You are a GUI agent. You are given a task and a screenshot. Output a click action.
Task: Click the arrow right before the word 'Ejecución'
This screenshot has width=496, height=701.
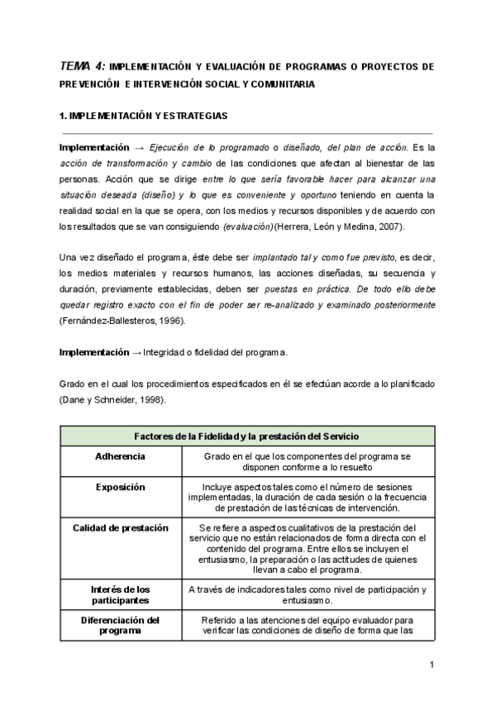139,147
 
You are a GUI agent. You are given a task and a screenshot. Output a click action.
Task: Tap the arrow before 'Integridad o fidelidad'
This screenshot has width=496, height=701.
136,352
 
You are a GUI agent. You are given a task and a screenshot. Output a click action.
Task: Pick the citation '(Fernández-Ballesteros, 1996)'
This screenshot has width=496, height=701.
121,321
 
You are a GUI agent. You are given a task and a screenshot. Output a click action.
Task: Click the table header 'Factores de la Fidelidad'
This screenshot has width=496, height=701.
246,436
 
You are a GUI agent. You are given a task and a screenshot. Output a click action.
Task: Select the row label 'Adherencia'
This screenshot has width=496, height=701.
120,455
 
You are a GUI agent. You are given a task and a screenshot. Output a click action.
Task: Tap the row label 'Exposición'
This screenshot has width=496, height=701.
120,487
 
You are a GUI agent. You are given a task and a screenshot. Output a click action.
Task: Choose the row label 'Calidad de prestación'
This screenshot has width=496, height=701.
120,527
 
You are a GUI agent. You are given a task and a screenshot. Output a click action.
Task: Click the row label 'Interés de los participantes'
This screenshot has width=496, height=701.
120,594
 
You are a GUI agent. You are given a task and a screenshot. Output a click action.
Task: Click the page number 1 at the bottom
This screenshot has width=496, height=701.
432,665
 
